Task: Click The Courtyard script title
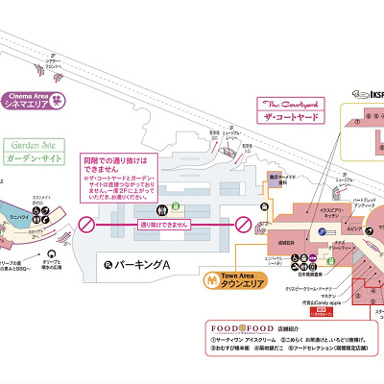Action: (x=285, y=102)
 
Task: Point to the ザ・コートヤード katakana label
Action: (x=288, y=116)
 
